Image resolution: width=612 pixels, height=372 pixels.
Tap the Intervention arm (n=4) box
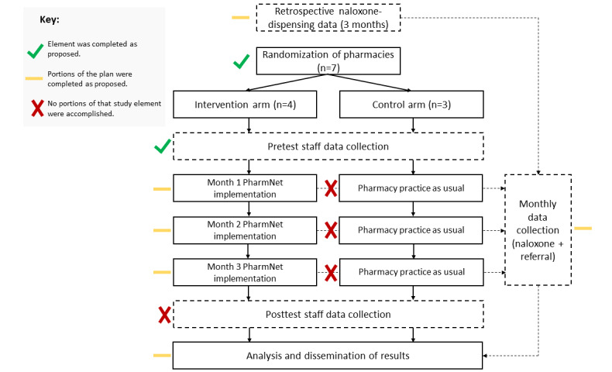click(248, 104)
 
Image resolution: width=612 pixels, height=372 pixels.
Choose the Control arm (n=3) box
click(412, 104)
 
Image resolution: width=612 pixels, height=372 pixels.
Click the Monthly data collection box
click(538, 229)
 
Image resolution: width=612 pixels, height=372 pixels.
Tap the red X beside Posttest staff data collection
click(164, 315)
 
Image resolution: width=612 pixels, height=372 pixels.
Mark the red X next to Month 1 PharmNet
click(331, 188)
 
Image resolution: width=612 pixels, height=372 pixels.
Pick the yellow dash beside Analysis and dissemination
click(163, 356)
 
